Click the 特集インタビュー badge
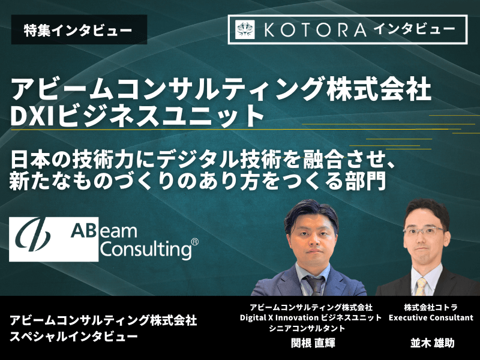(79, 29)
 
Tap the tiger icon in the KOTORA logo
(245, 29)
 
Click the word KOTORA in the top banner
(314, 30)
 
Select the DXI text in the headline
(34, 116)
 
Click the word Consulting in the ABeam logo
(146, 250)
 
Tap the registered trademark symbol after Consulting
(194, 242)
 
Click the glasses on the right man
(425, 231)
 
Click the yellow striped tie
(422, 287)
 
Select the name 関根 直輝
(313, 343)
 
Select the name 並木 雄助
(432, 343)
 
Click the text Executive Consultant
(431, 318)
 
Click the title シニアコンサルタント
(307, 328)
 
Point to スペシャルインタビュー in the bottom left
(74, 337)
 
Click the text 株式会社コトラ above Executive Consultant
(431, 307)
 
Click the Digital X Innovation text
(279, 318)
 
